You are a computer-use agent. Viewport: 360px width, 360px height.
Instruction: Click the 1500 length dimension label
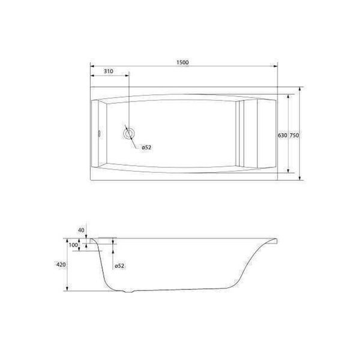pos(182,62)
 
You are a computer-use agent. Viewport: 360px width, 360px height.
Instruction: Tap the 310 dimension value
pos(109,71)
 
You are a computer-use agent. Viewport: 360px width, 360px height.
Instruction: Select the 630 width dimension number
pos(283,136)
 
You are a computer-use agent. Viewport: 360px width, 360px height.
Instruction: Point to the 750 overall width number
pos(295,136)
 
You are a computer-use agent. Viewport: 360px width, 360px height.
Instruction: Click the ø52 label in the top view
pos(146,148)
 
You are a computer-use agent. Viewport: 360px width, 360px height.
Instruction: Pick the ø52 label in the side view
pos(119,266)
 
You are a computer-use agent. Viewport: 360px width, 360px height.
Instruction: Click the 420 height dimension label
pos(61,265)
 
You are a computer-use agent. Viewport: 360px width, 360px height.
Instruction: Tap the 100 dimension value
pos(73,245)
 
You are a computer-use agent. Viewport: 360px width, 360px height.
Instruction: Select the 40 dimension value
pos(81,230)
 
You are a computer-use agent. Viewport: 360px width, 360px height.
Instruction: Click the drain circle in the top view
pos(129,133)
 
